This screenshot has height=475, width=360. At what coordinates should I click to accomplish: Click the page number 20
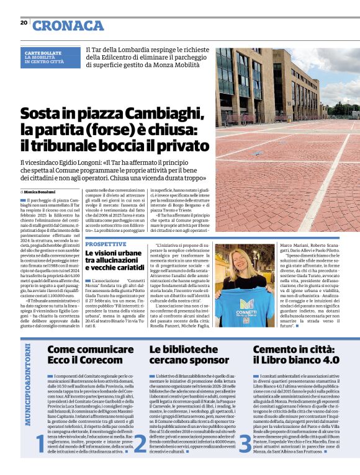24,23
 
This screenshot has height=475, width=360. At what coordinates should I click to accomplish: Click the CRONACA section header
68,25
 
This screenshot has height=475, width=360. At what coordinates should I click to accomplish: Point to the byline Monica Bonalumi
40,192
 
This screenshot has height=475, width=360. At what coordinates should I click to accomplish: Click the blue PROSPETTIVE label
106,244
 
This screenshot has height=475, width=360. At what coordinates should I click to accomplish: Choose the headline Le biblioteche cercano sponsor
184,355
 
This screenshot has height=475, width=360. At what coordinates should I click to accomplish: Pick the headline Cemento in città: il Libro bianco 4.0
296,355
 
